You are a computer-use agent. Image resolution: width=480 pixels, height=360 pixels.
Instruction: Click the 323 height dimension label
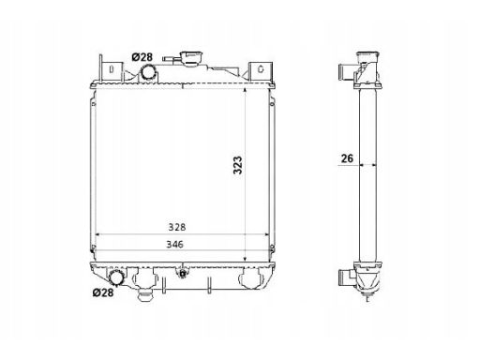[x=238, y=165]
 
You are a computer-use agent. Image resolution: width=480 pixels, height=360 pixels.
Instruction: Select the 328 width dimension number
[x=177, y=227]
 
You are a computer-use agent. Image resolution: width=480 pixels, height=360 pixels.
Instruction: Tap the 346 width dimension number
[x=174, y=244]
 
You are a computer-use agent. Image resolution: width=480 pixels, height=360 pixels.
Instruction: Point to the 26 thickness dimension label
[x=347, y=158]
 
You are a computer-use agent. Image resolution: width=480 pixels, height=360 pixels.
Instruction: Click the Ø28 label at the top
[x=142, y=57]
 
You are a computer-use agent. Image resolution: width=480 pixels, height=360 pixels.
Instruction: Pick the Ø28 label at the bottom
[x=103, y=292]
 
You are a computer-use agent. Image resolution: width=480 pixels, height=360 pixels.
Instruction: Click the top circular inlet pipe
[x=148, y=72]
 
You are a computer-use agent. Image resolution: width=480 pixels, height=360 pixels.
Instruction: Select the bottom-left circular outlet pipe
[x=116, y=277]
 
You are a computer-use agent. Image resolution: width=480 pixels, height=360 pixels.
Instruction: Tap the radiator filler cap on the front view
[x=191, y=59]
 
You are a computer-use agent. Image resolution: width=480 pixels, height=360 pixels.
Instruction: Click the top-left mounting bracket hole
[x=111, y=69]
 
